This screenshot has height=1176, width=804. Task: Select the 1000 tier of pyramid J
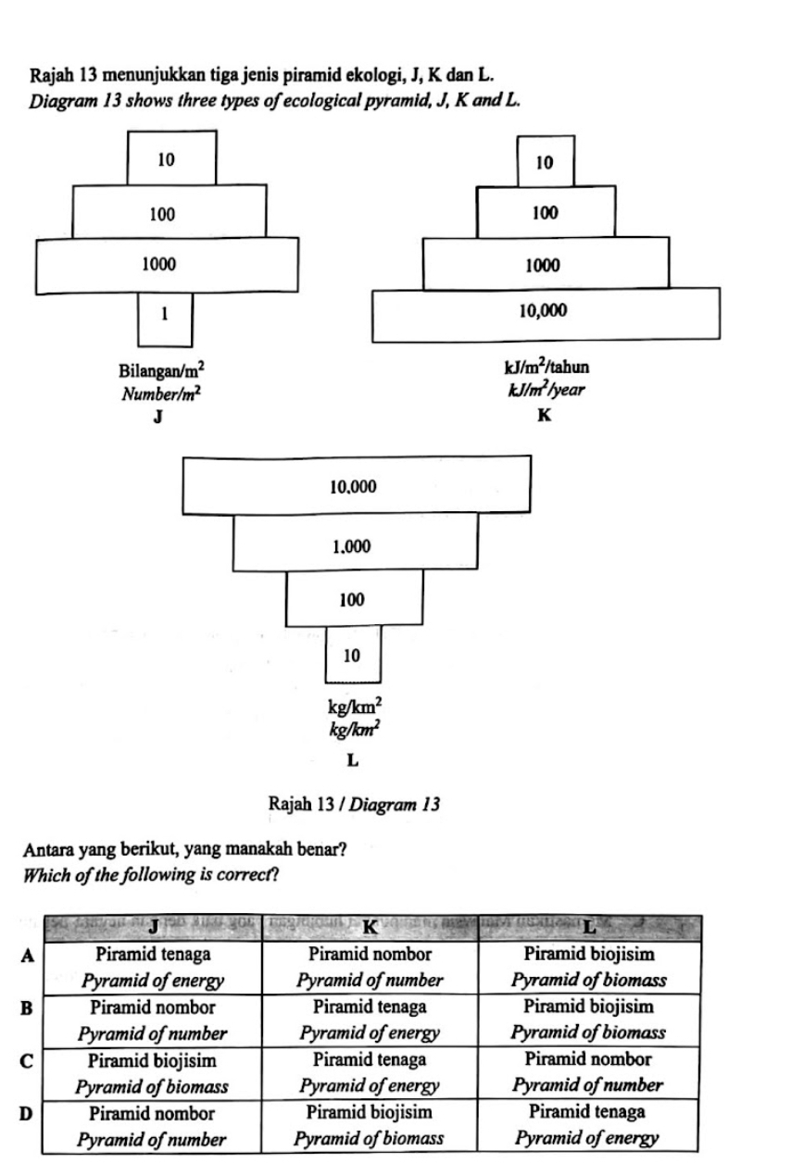point(168,265)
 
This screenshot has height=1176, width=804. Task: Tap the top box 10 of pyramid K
point(546,163)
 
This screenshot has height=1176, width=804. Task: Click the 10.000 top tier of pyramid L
point(358,485)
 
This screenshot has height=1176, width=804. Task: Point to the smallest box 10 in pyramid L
point(353,655)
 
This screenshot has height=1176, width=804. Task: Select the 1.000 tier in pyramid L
point(356,546)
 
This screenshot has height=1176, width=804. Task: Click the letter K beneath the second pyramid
point(545,417)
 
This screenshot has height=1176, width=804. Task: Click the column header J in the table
point(154,925)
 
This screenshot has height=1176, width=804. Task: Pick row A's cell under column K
point(370,967)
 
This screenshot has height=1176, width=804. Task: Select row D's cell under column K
point(370,1124)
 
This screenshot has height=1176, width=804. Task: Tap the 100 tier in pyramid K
point(545,214)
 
